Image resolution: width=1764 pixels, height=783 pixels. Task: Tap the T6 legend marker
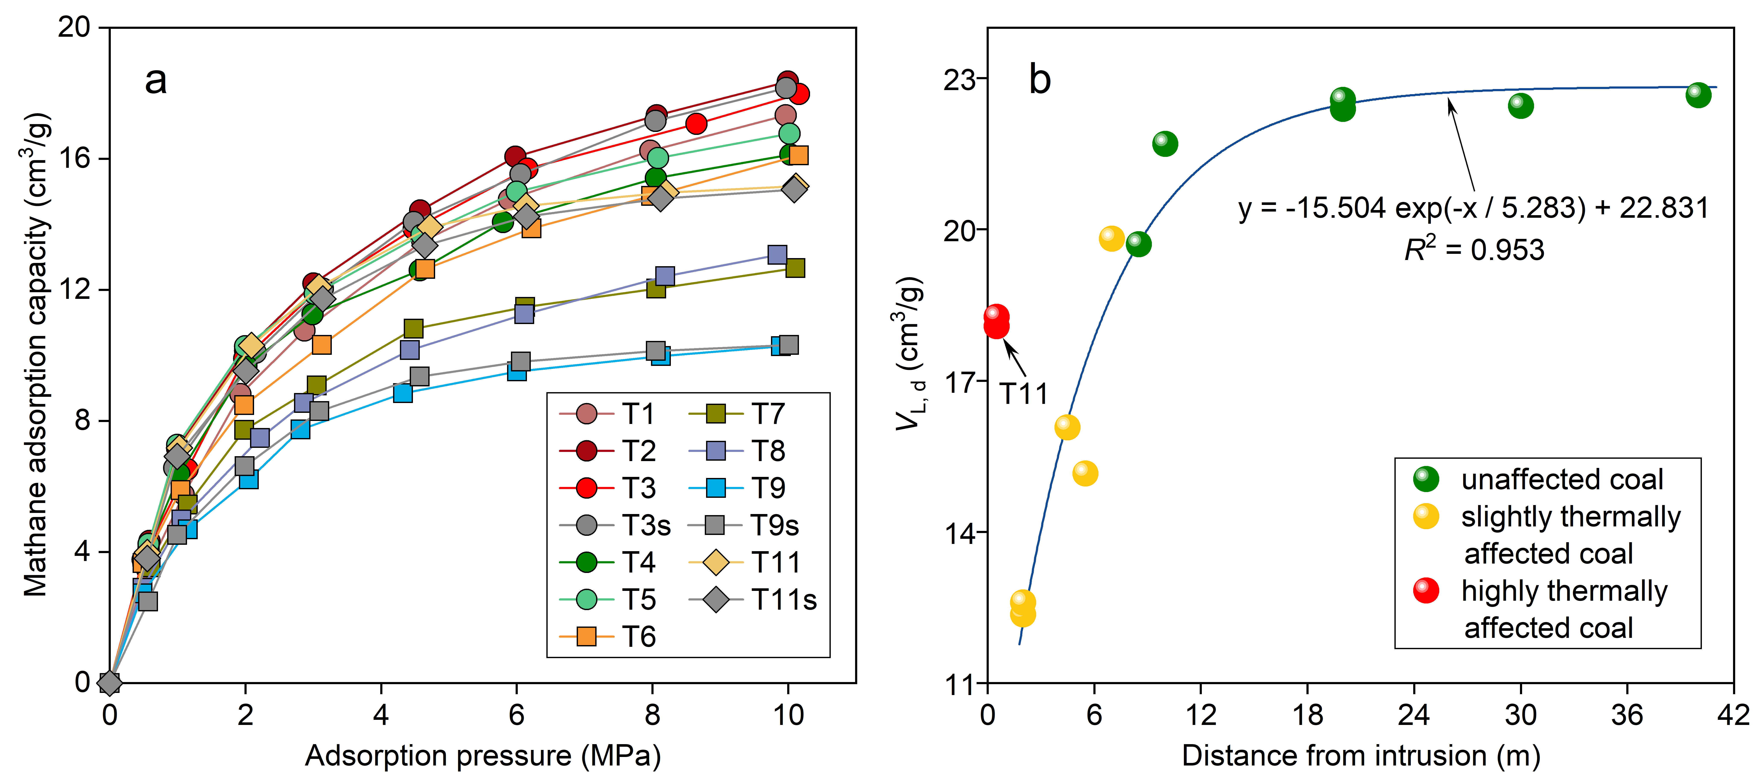click(x=587, y=637)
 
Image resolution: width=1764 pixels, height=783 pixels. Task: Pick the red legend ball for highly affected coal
click(x=1426, y=590)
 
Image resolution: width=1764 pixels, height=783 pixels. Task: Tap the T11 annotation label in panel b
click(x=1023, y=394)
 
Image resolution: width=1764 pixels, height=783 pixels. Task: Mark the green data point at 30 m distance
click(x=1520, y=105)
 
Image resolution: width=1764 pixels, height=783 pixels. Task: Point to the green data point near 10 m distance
click(x=1165, y=144)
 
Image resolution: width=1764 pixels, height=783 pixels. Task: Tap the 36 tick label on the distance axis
click(x=1627, y=715)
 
